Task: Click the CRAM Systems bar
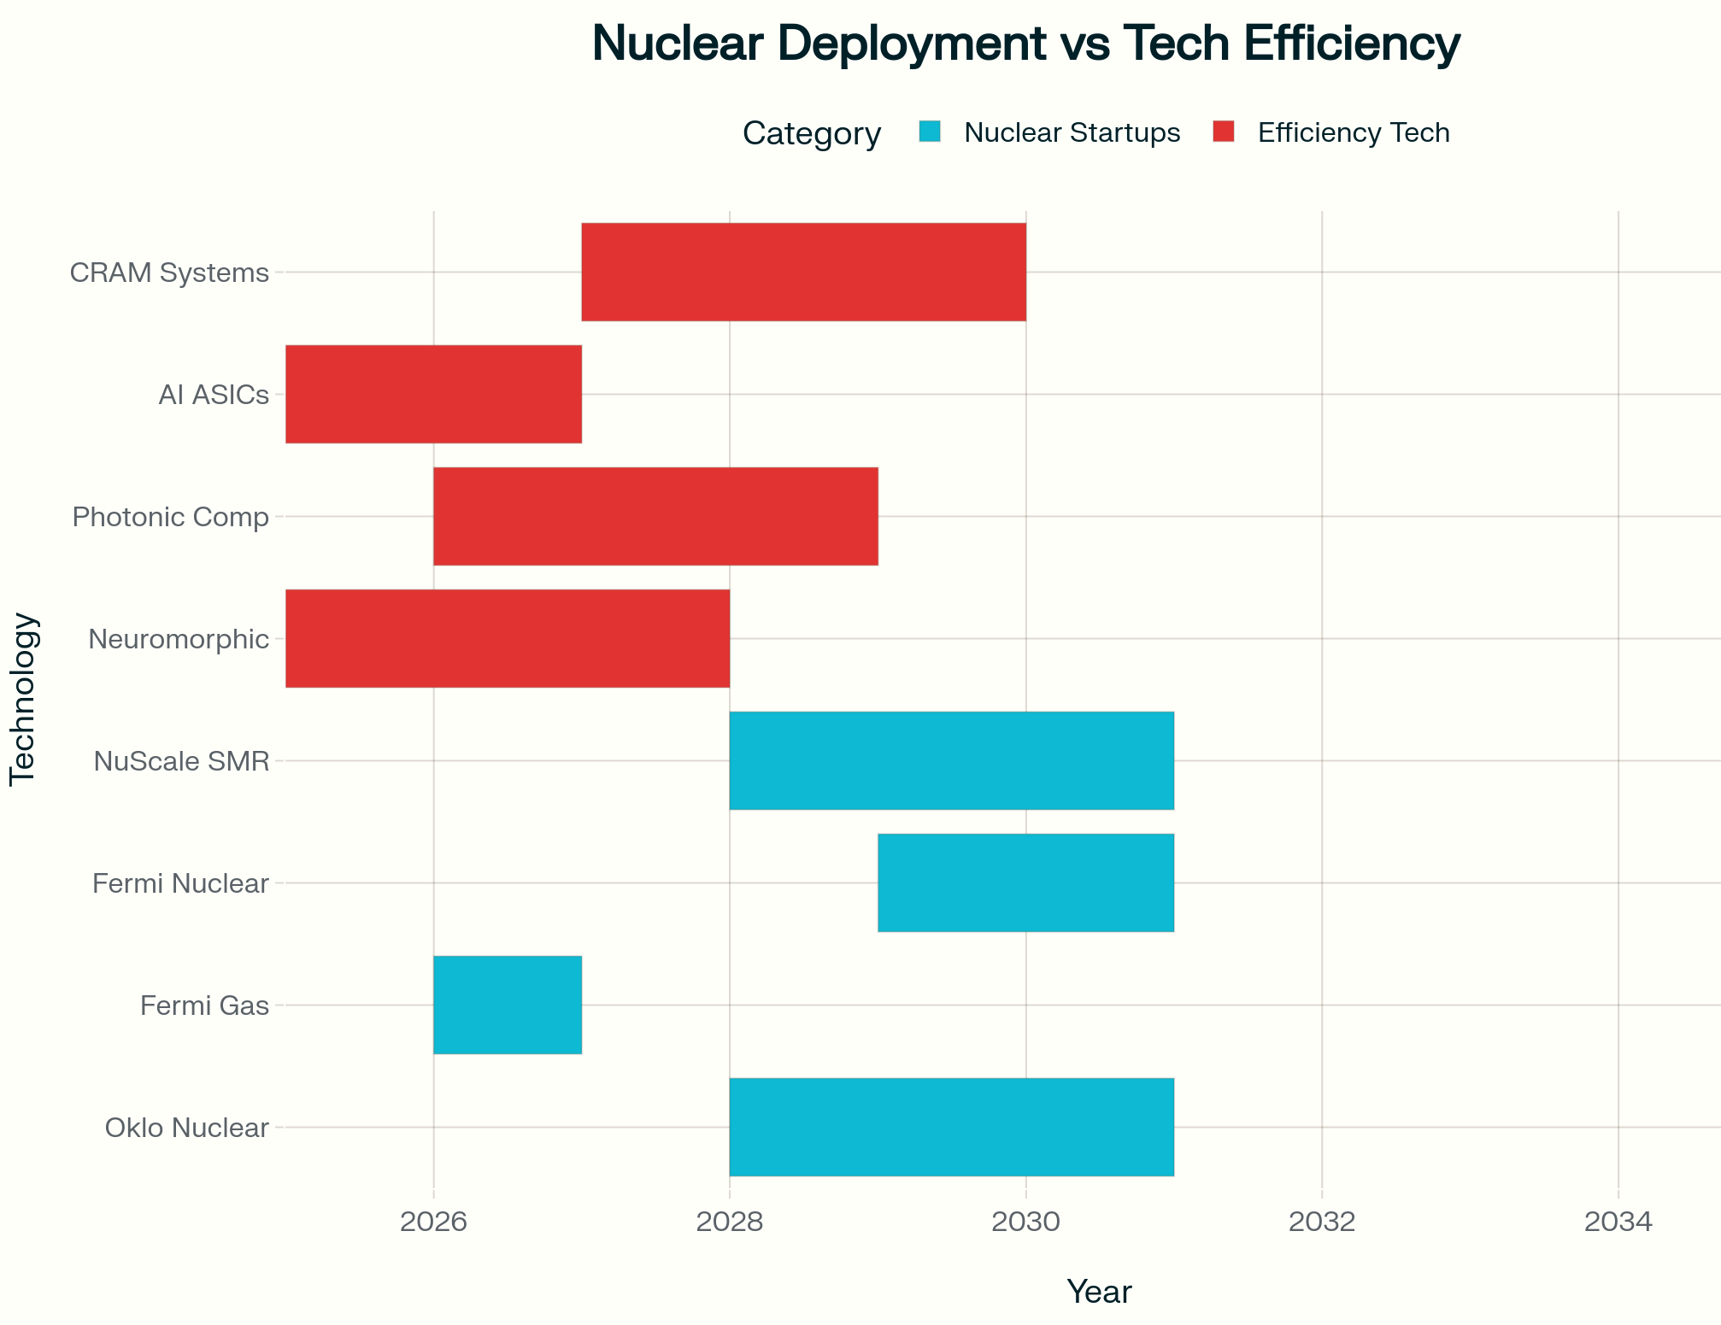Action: (803, 272)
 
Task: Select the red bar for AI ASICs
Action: (433, 394)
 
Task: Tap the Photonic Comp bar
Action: (655, 516)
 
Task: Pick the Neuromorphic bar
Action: (508, 638)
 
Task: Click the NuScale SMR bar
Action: (951, 760)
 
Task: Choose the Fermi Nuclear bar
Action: (1025, 882)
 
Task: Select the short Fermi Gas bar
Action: (508, 1005)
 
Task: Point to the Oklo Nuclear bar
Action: (951, 1127)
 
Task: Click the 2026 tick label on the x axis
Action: (433, 1222)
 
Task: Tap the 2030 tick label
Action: (1025, 1222)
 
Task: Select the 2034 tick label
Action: (1618, 1222)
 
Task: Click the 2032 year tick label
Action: (1322, 1222)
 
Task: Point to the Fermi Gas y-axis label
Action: (204, 1005)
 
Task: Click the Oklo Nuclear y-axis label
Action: (186, 1128)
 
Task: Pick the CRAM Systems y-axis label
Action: (169, 273)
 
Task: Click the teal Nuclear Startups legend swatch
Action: (930, 132)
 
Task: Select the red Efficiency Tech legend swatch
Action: (1224, 132)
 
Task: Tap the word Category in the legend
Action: (811, 133)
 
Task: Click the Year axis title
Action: (1099, 1292)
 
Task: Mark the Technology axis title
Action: (23, 699)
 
